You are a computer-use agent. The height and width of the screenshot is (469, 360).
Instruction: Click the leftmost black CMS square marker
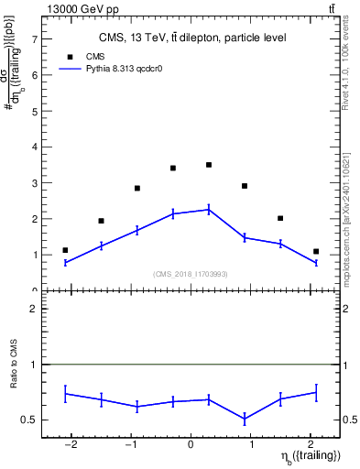tap(65, 250)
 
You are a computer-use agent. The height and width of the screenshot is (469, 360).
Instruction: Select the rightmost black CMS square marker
tap(316, 251)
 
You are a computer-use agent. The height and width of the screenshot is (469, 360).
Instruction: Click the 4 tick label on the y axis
tap(33, 147)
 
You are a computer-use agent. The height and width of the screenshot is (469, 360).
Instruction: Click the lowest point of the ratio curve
tap(245, 420)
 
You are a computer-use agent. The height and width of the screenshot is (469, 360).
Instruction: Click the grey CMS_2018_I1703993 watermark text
tap(191, 274)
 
